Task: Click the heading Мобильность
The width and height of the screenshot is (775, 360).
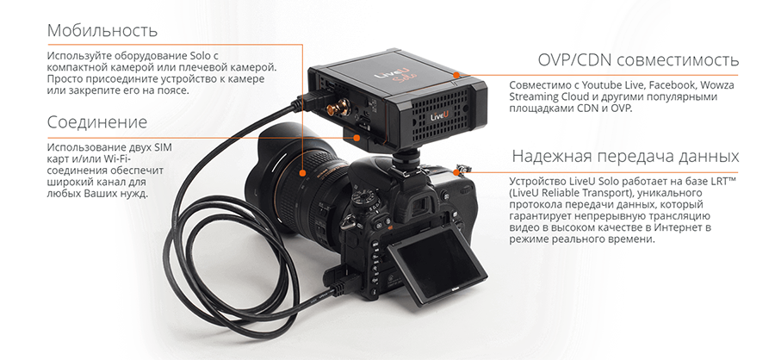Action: click(x=102, y=30)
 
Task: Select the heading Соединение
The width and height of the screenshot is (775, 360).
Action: click(x=97, y=121)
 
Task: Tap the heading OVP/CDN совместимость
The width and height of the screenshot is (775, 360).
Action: click(x=638, y=60)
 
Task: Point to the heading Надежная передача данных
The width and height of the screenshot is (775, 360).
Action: click(x=625, y=156)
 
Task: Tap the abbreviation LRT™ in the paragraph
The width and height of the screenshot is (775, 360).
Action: click(x=721, y=181)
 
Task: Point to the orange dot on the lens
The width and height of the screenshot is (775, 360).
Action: click(x=302, y=173)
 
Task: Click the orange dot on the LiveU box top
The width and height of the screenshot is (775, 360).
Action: click(x=456, y=75)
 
